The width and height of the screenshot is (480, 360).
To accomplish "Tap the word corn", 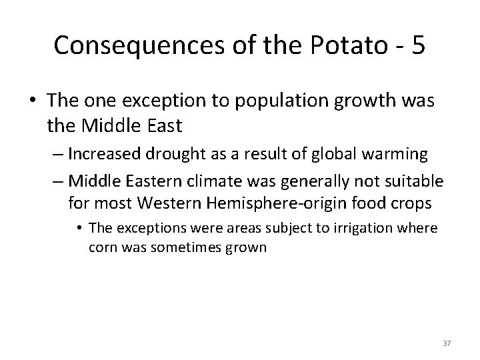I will [x=100, y=247].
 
